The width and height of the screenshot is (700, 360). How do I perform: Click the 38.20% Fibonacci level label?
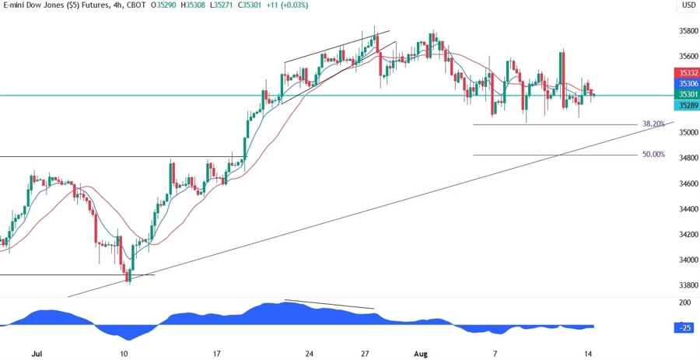(x=653, y=124)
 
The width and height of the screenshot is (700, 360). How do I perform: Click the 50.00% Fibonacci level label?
(x=653, y=155)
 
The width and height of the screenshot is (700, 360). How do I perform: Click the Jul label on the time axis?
(x=37, y=353)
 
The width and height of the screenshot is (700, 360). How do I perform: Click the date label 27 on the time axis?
(x=364, y=353)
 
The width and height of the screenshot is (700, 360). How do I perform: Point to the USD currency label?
(x=688, y=6)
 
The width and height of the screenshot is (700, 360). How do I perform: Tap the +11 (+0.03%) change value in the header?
(x=285, y=5)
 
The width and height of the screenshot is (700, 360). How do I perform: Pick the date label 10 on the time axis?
(x=124, y=353)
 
